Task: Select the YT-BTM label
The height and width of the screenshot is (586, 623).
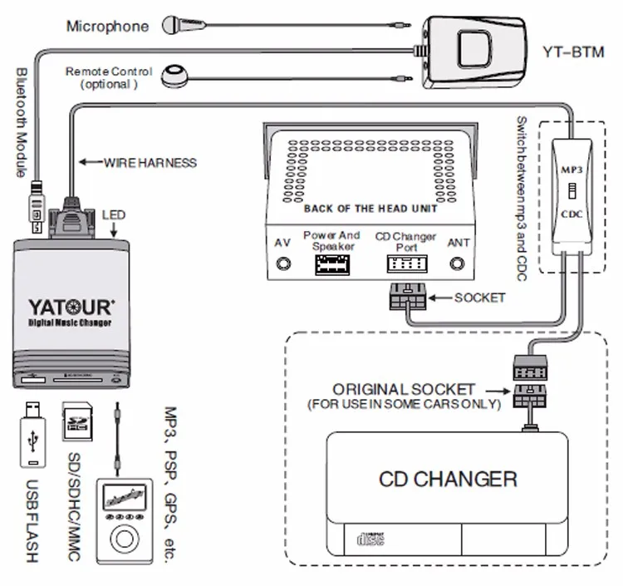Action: [572, 50]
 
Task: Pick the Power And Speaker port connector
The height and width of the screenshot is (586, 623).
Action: [331, 265]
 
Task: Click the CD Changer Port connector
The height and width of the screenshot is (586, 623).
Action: [405, 265]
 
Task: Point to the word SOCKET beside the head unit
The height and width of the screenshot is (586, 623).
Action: [479, 298]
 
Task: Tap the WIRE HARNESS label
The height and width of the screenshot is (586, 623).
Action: [150, 162]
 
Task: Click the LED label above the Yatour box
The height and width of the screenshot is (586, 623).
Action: [114, 214]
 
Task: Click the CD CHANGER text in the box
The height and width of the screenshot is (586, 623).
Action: [448, 479]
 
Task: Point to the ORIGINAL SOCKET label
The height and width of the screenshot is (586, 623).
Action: [404, 389]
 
